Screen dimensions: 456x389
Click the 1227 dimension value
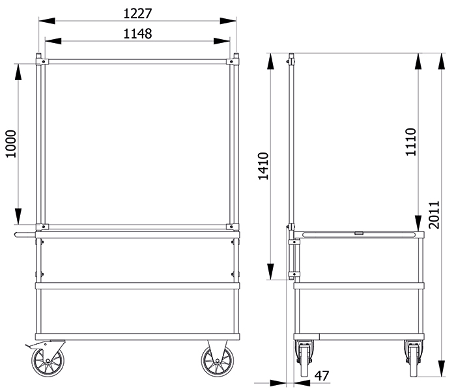click(137, 14)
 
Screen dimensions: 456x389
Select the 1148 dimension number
click(137, 34)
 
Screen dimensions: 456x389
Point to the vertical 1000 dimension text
click(11, 144)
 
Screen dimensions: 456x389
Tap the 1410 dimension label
click(263, 166)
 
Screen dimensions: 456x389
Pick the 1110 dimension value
click(411, 142)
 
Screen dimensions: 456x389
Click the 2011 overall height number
click(435, 215)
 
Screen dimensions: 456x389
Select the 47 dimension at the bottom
click(322, 376)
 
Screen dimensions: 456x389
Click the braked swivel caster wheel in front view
click(48, 361)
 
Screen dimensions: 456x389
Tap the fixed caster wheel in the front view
click(217, 361)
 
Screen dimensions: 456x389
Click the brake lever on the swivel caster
click(30, 346)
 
